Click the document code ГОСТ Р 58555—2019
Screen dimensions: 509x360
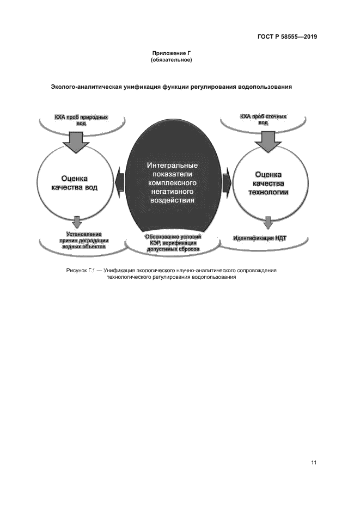[287, 37]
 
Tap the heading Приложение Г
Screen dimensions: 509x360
[171, 53]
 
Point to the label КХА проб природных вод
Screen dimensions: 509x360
[81, 120]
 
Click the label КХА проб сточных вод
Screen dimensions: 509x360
[264, 119]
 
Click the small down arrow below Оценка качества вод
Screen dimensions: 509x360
[77, 222]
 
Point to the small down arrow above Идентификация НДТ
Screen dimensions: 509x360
[267, 223]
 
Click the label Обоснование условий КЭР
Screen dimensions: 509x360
[173, 237]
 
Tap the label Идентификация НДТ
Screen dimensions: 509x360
[260, 238]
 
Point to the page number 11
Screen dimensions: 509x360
[314, 463]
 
